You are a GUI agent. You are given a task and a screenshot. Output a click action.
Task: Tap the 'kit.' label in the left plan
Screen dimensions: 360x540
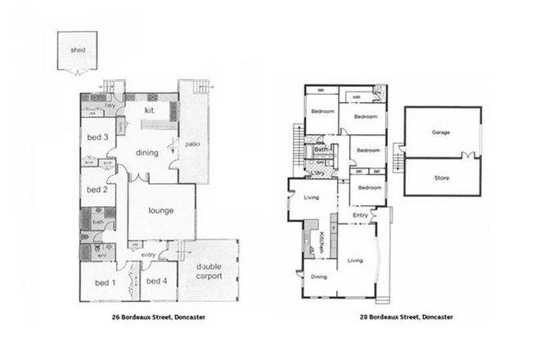coord(151,110)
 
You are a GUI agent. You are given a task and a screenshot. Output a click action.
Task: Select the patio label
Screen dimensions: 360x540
coord(192,145)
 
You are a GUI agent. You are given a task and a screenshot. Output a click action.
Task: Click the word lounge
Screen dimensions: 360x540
coord(161,210)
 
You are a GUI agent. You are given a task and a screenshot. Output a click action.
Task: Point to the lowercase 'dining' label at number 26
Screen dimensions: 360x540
coord(147,151)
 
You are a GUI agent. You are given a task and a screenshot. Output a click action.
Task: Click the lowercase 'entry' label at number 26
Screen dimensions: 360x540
coord(148,254)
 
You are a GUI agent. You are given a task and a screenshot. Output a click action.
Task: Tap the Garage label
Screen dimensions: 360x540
coord(441,131)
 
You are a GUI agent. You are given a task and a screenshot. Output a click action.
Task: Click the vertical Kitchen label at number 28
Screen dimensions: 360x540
coord(322,241)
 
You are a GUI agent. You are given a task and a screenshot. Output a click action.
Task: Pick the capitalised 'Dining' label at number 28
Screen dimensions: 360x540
coord(319,277)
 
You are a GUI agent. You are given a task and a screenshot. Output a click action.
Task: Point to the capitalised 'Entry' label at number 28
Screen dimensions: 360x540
coord(360,214)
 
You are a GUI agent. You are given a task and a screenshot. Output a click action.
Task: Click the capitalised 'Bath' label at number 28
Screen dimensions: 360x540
coord(322,151)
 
